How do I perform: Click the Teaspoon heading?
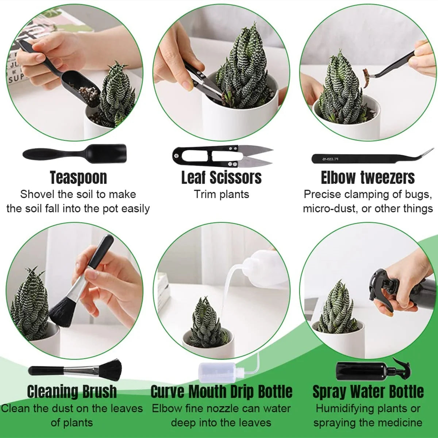point(78,178)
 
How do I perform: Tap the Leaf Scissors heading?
point(222,178)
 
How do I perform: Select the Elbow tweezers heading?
point(368,178)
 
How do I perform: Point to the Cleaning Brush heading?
point(72,392)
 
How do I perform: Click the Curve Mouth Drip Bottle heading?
point(222,392)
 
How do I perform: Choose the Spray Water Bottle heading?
point(368,392)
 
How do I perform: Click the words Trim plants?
point(221,194)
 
